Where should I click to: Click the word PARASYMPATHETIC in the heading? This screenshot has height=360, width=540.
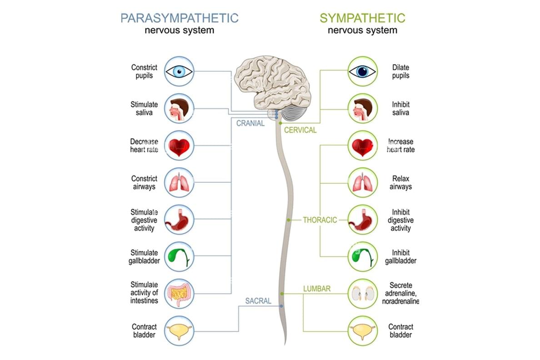tap(179, 18)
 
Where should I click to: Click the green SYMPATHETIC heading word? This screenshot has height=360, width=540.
tap(362, 18)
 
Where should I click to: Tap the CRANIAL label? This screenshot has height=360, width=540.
tap(250, 123)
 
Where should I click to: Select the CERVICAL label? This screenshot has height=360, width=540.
tap(300, 130)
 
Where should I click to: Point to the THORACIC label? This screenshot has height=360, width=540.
tap(320, 220)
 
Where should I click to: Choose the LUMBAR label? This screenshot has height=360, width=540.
tap(317, 288)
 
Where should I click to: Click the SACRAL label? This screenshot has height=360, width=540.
tap(258, 301)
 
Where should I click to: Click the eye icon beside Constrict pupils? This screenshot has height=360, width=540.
tap(179, 71)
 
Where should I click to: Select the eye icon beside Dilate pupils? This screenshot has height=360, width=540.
tap(362, 71)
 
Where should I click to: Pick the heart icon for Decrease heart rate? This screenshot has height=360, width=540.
tap(179, 146)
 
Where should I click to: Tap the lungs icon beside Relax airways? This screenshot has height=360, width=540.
tap(362, 183)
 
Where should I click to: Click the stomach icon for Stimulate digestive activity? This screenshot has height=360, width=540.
tap(179, 220)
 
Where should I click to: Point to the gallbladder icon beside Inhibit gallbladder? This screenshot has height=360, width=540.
tap(362, 257)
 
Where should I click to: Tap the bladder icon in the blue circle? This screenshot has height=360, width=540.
tap(179, 331)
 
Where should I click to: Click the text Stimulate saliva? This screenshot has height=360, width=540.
tap(144, 109)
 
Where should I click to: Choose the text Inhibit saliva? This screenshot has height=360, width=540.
tap(400, 109)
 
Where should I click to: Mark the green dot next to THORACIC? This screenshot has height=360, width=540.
tap(289, 220)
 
